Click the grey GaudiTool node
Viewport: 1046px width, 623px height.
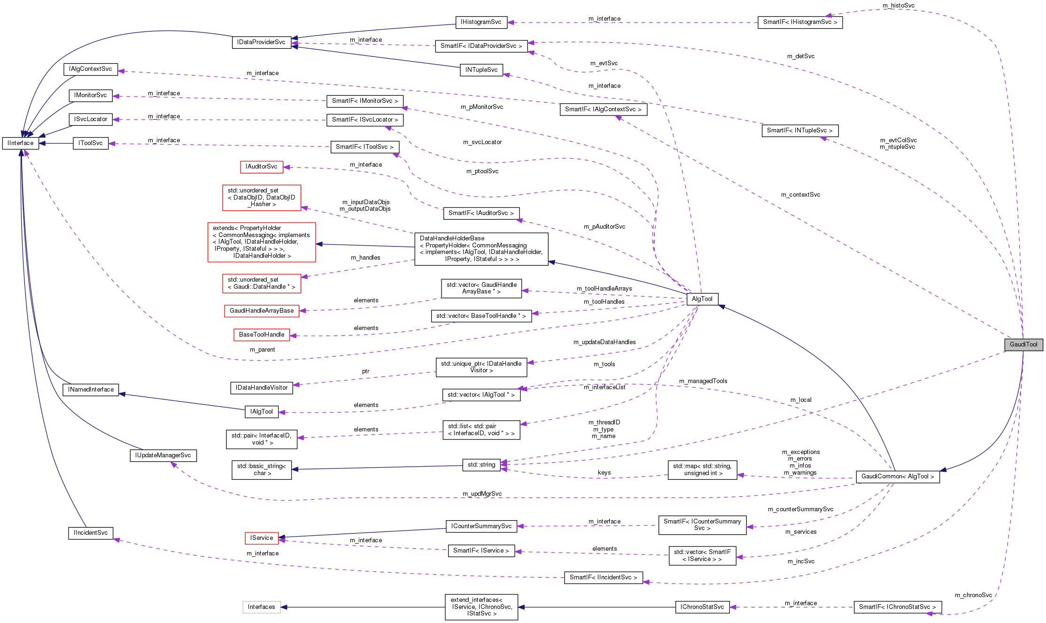pos(1023,345)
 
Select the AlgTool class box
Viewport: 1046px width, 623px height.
pos(702,299)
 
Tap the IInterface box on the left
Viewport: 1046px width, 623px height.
pos(20,143)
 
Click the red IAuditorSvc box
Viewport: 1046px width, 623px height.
pos(261,167)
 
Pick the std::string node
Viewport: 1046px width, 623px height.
pos(481,465)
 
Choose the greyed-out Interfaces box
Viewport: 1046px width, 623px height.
pos(261,607)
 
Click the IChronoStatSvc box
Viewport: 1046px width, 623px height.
pos(702,607)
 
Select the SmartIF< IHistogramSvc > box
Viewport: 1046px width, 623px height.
pos(799,22)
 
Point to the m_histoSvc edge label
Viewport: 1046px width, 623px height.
pos(898,6)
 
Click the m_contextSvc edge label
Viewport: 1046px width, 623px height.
pos(800,195)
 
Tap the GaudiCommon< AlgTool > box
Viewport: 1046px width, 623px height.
pos(897,477)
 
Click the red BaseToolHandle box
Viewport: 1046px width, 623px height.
pos(261,335)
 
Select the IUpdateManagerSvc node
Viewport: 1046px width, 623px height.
pos(163,455)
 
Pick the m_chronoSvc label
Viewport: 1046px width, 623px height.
pos(973,595)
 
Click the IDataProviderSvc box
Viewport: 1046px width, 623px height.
pos(261,42)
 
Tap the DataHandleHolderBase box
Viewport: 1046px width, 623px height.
pos(481,249)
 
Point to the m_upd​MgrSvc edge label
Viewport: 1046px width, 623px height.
pos(482,494)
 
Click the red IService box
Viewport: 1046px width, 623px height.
pos(261,538)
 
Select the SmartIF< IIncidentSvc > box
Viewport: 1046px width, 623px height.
pos(603,577)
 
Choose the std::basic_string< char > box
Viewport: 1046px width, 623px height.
pos(261,469)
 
